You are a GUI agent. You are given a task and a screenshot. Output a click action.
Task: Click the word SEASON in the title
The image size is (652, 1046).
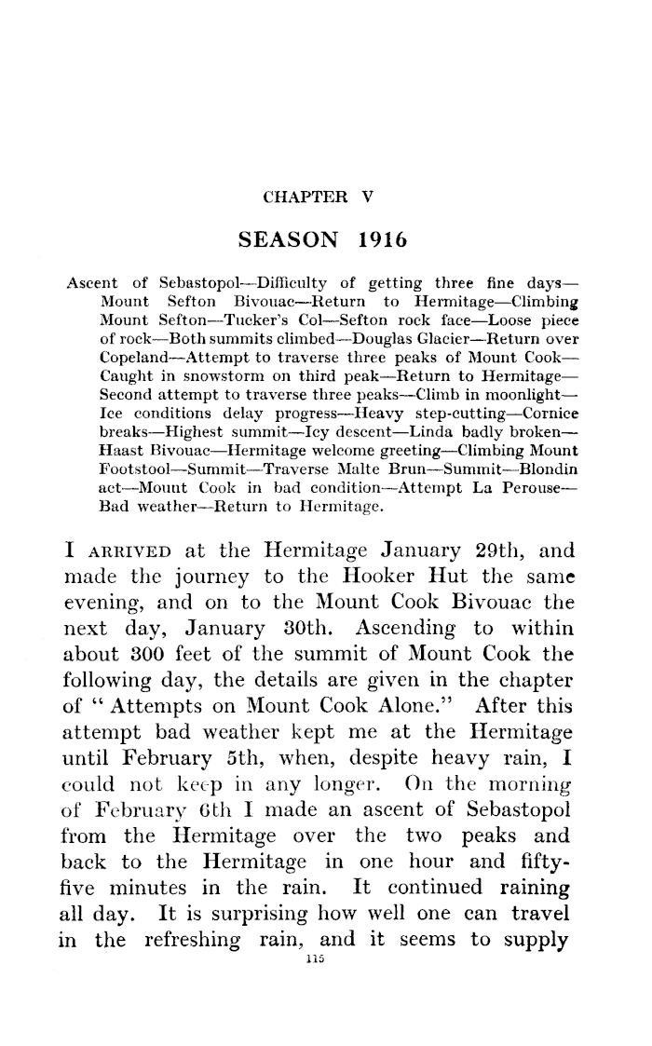click(x=289, y=239)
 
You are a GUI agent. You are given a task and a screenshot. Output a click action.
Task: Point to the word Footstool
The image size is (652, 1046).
click(x=131, y=441)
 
